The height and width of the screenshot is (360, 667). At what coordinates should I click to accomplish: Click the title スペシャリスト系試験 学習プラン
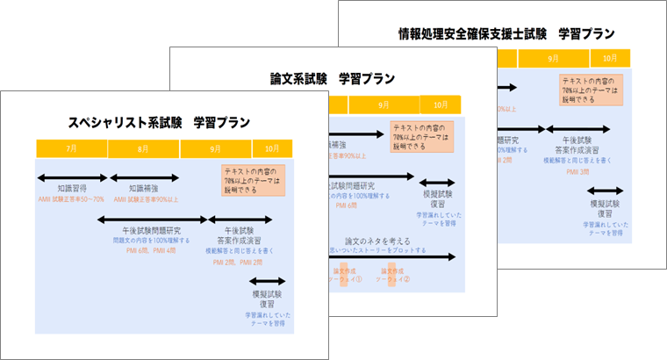[x=153, y=122]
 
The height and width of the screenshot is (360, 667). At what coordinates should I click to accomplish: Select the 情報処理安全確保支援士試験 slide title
[x=505, y=34]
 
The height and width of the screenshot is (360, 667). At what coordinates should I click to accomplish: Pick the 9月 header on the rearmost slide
[x=553, y=59]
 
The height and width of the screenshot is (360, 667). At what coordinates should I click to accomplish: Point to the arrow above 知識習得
[x=71, y=177]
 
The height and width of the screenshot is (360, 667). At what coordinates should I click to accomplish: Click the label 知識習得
[x=71, y=188]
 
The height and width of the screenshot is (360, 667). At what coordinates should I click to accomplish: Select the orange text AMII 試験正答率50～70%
[x=71, y=198]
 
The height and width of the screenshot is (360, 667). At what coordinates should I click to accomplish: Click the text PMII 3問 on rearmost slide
[x=577, y=171]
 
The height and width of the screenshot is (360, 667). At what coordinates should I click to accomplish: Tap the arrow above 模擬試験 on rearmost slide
[x=605, y=191]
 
